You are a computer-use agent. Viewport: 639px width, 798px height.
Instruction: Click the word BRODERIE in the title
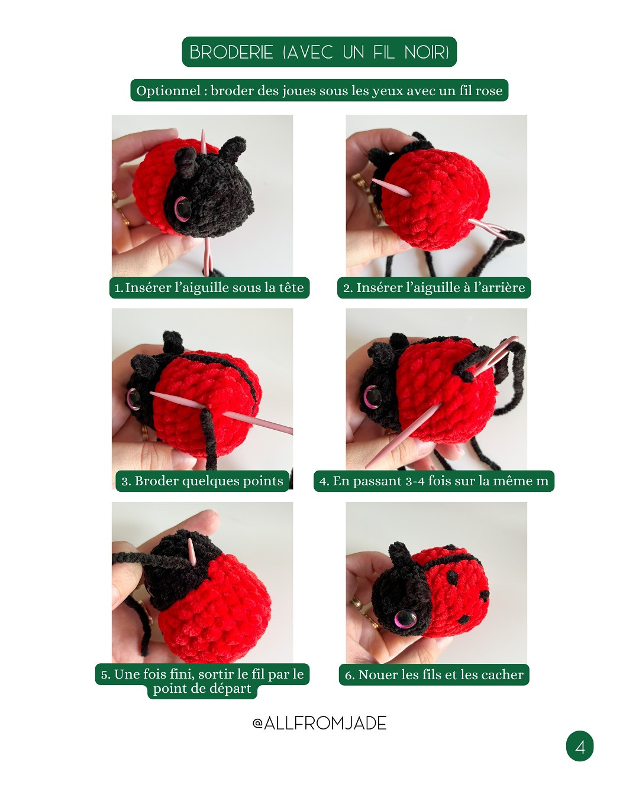[x=231, y=53]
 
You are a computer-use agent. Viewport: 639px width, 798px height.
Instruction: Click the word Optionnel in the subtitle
[x=169, y=90]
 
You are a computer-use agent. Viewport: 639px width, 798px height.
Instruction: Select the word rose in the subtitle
[x=489, y=90]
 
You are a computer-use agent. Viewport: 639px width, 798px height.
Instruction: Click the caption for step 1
[x=209, y=288]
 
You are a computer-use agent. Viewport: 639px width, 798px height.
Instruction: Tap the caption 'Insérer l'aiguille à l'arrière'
[x=434, y=288]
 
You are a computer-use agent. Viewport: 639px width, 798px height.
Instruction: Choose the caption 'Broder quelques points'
[x=202, y=481]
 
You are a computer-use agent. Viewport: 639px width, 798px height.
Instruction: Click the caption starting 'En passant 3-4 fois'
[x=434, y=481]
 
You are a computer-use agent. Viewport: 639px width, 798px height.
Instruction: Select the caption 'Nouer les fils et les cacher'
[x=434, y=674]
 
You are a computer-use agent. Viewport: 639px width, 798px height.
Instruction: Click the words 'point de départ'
[x=202, y=689]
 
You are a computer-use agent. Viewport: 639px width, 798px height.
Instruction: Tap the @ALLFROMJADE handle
[x=319, y=723]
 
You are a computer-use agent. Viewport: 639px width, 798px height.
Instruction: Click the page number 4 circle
[x=580, y=747]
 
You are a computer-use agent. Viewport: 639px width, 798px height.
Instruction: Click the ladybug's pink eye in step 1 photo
[x=182, y=207]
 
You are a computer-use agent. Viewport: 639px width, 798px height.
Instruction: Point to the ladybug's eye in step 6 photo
[x=405, y=619]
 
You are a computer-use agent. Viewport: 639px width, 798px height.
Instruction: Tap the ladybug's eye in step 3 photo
[x=134, y=398]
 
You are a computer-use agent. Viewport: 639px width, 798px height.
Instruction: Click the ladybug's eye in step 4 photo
[x=373, y=397]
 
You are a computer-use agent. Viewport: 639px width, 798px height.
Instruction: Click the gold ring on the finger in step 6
[x=356, y=604]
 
